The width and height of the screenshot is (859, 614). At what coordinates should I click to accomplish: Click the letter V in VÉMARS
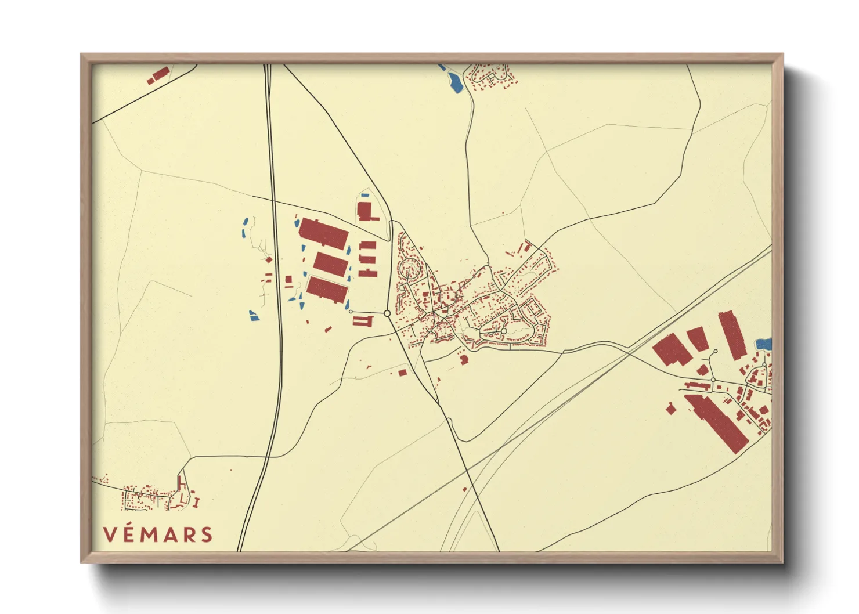click(x=110, y=534)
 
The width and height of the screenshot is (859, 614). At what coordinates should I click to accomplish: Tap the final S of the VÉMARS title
click(x=206, y=534)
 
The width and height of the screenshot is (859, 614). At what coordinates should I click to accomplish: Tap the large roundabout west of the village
click(x=387, y=313)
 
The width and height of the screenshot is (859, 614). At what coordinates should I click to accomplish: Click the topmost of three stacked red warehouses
click(x=323, y=233)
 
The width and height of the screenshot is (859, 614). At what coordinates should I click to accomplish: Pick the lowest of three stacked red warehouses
click(x=327, y=289)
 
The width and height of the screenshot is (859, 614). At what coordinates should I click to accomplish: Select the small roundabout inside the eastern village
click(x=504, y=331)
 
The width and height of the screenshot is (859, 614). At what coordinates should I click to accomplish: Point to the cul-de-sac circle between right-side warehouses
click(x=716, y=351)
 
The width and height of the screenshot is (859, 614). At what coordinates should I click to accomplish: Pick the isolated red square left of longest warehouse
click(x=671, y=409)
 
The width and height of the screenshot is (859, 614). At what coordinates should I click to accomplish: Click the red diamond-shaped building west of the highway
click(x=268, y=259)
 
